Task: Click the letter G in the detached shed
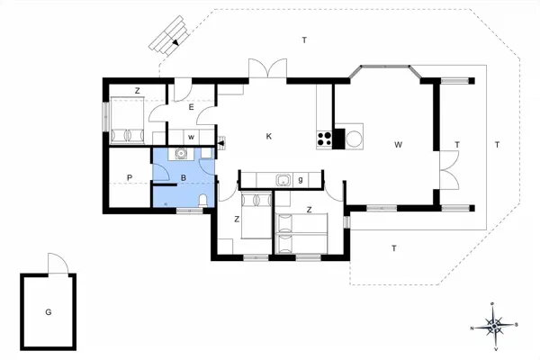[x=49, y=312]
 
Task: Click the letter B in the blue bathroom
[x=183, y=178]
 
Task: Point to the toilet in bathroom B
[x=203, y=200]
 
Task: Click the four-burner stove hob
[x=326, y=139]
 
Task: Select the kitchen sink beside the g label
[x=282, y=179]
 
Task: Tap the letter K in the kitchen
[x=268, y=137]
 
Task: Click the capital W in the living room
[x=398, y=144]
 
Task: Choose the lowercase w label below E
[x=191, y=137]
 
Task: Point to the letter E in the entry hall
[x=192, y=107]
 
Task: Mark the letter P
[x=130, y=177]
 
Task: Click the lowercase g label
[x=300, y=180]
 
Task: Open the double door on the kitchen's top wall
[x=266, y=70]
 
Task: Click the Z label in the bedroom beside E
[x=137, y=91]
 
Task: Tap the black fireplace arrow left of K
[x=220, y=142]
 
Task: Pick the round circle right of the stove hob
[x=354, y=139]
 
